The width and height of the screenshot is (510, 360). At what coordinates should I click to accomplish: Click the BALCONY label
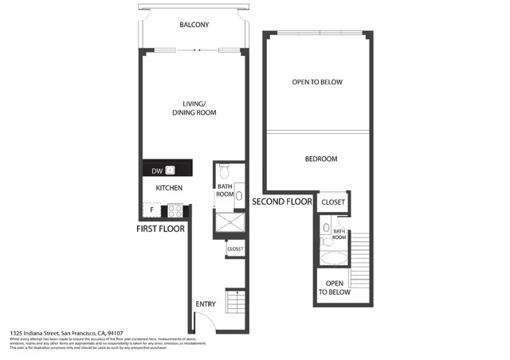click(194, 25)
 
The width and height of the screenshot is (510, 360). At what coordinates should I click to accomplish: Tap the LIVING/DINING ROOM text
click(194, 108)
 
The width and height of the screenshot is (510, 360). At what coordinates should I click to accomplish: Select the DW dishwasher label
click(157, 170)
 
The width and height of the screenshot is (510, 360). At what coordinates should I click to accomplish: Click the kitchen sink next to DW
click(171, 170)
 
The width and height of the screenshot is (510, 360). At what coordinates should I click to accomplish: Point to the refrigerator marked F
click(151, 210)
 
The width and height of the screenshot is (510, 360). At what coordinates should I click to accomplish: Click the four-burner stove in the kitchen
click(175, 211)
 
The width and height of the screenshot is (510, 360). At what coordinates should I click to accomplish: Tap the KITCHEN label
click(169, 188)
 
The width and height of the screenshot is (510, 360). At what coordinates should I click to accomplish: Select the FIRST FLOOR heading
click(161, 229)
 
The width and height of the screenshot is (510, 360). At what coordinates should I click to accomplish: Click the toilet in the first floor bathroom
click(224, 170)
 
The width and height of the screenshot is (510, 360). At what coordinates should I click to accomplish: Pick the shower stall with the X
click(229, 223)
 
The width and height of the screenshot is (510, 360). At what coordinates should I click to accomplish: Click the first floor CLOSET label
click(235, 249)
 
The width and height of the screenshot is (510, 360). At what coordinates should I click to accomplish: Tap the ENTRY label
click(206, 304)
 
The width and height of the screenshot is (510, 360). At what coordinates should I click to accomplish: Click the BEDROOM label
click(321, 159)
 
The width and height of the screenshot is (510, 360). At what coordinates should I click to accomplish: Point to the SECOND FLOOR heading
click(282, 202)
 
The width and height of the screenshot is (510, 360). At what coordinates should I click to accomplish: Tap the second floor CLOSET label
click(333, 202)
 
